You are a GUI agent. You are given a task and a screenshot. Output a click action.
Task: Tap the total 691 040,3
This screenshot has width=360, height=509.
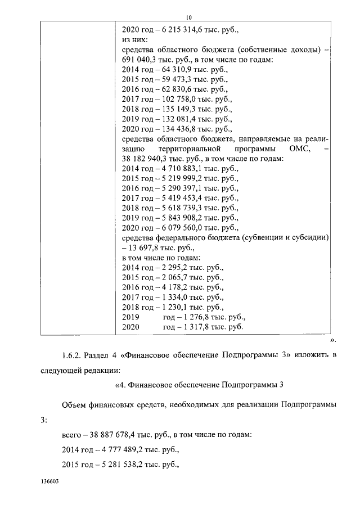point(139,61)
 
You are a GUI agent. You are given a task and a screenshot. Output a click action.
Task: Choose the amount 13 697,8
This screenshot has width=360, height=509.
point(147,247)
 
